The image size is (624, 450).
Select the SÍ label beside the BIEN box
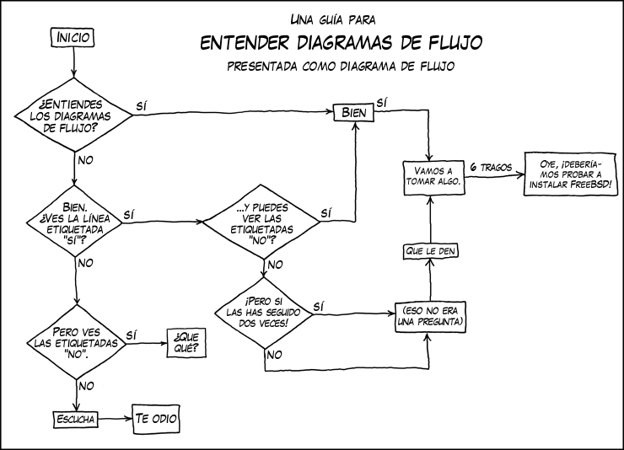pos(381,102)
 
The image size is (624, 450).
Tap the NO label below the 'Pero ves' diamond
pos(85,385)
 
